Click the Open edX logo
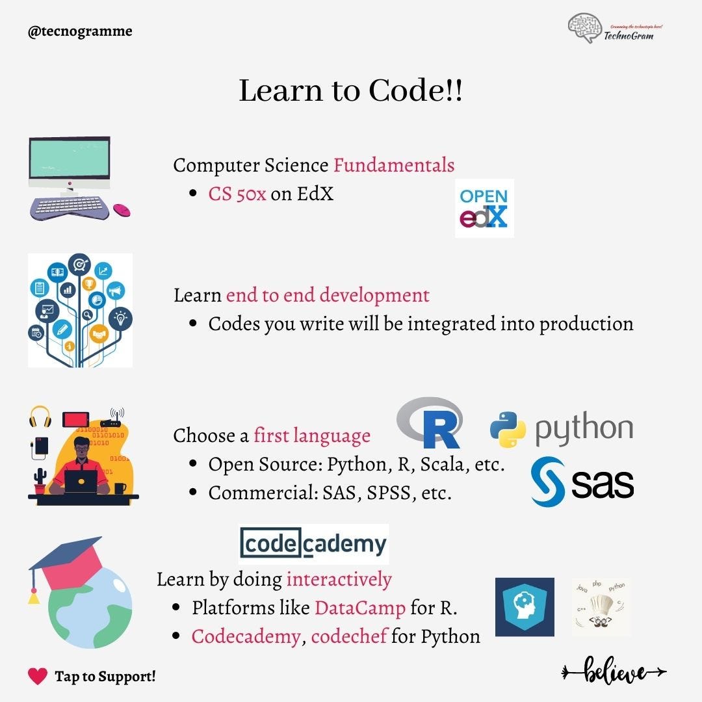484,208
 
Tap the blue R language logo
430,423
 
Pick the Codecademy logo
313,544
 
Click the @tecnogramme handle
80,31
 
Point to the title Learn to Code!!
350,90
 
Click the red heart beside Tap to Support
38,676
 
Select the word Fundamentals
394,165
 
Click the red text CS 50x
237,194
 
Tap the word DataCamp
360,608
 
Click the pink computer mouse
122,210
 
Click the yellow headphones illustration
40,417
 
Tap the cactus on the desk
41,478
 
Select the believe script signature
614,671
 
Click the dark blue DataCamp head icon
525,607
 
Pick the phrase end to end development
328,295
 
